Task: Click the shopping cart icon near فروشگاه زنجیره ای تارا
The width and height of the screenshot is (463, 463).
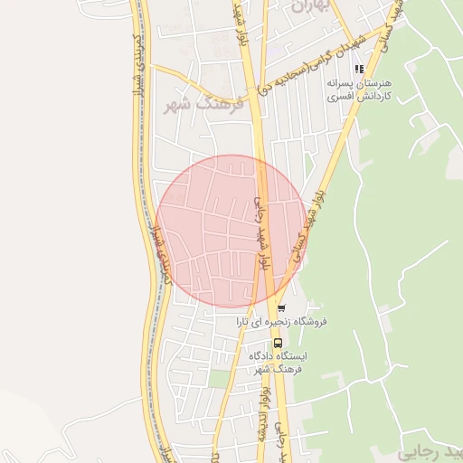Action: pos(281,308)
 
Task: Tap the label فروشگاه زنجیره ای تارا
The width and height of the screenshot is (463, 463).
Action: pos(281,322)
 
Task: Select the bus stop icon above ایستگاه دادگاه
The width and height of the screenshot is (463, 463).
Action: pos(277,343)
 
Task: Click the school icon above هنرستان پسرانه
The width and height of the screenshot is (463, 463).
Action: pos(359,69)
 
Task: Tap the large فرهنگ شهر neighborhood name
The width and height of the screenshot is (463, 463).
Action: pos(193,106)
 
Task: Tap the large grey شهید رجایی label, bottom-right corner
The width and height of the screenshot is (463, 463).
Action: pos(430,451)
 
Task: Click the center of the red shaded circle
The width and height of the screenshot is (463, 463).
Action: pos(232,231)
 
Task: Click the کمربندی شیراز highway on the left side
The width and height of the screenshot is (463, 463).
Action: pos(142,136)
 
